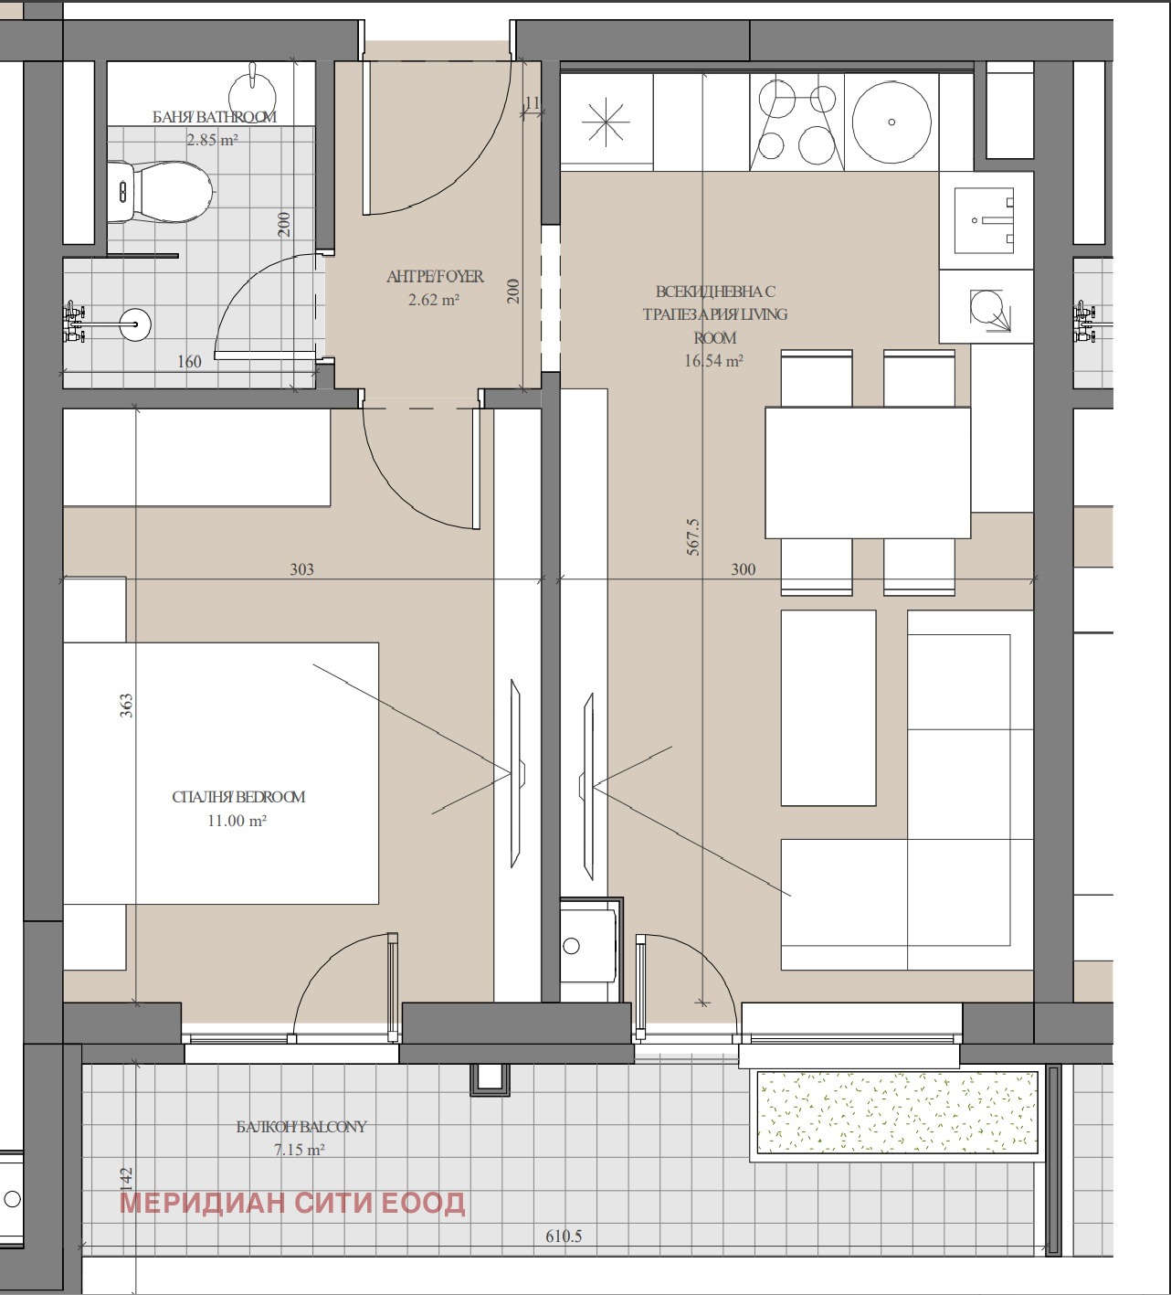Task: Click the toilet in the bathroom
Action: (x=160, y=192)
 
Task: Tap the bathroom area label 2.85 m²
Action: (x=213, y=140)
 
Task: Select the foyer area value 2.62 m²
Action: (x=434, y=300)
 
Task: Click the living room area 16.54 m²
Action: (x=713, y=361)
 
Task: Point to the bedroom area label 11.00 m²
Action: (x=237, y=821)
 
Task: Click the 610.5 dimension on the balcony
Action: (x=564, y=1237)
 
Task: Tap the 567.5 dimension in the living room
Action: (x=693, y=536)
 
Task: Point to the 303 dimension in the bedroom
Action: (x=301, y=569)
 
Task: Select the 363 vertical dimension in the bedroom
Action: (x=127, y=706)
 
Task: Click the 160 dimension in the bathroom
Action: (x=189, y=362)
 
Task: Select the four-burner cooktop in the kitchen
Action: (x=796, y=122)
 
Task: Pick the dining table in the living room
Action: (x=868, y=472)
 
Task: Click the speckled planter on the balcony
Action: (x=898, y=1112)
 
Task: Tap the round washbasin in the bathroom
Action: (x=135, y=324)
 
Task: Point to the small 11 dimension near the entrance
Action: (x=532, y=103)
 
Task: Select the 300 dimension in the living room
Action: (x=743, y=569)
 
